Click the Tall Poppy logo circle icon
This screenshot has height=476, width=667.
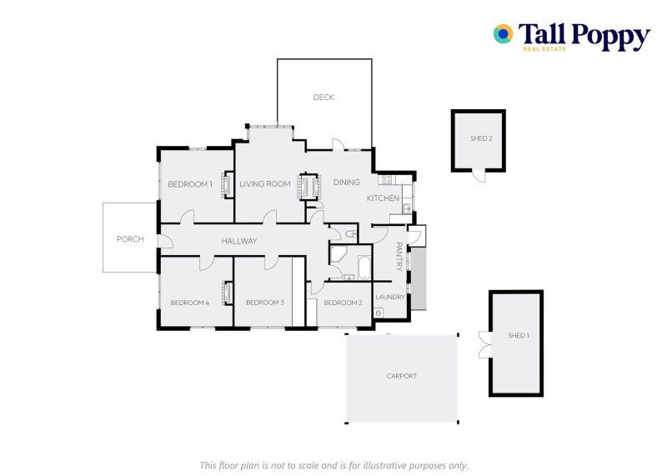point(503,33)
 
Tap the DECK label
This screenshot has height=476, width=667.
point(323,98)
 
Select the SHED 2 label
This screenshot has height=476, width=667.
point(479,138)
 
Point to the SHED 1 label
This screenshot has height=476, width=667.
point(518,335)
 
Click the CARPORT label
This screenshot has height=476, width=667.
point(401,376)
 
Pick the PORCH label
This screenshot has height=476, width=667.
point(130,239)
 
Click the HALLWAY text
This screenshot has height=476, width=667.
point(239,242)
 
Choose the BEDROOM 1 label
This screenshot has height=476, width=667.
point(190,184)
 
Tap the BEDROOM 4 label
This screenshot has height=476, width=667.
point(189,303)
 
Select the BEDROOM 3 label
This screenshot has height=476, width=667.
point(265,303)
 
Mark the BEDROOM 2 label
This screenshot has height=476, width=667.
point(343,303)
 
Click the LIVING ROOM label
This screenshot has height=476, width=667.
point(265,184)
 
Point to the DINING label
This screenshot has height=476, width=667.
point(347,183)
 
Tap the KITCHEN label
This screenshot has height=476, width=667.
point(384,198)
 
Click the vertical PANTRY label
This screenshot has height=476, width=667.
point(399,257)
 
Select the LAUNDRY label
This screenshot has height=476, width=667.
point(390,297)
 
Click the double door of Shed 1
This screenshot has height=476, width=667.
point(484,344)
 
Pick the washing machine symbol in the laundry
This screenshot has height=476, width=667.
point(379,313)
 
